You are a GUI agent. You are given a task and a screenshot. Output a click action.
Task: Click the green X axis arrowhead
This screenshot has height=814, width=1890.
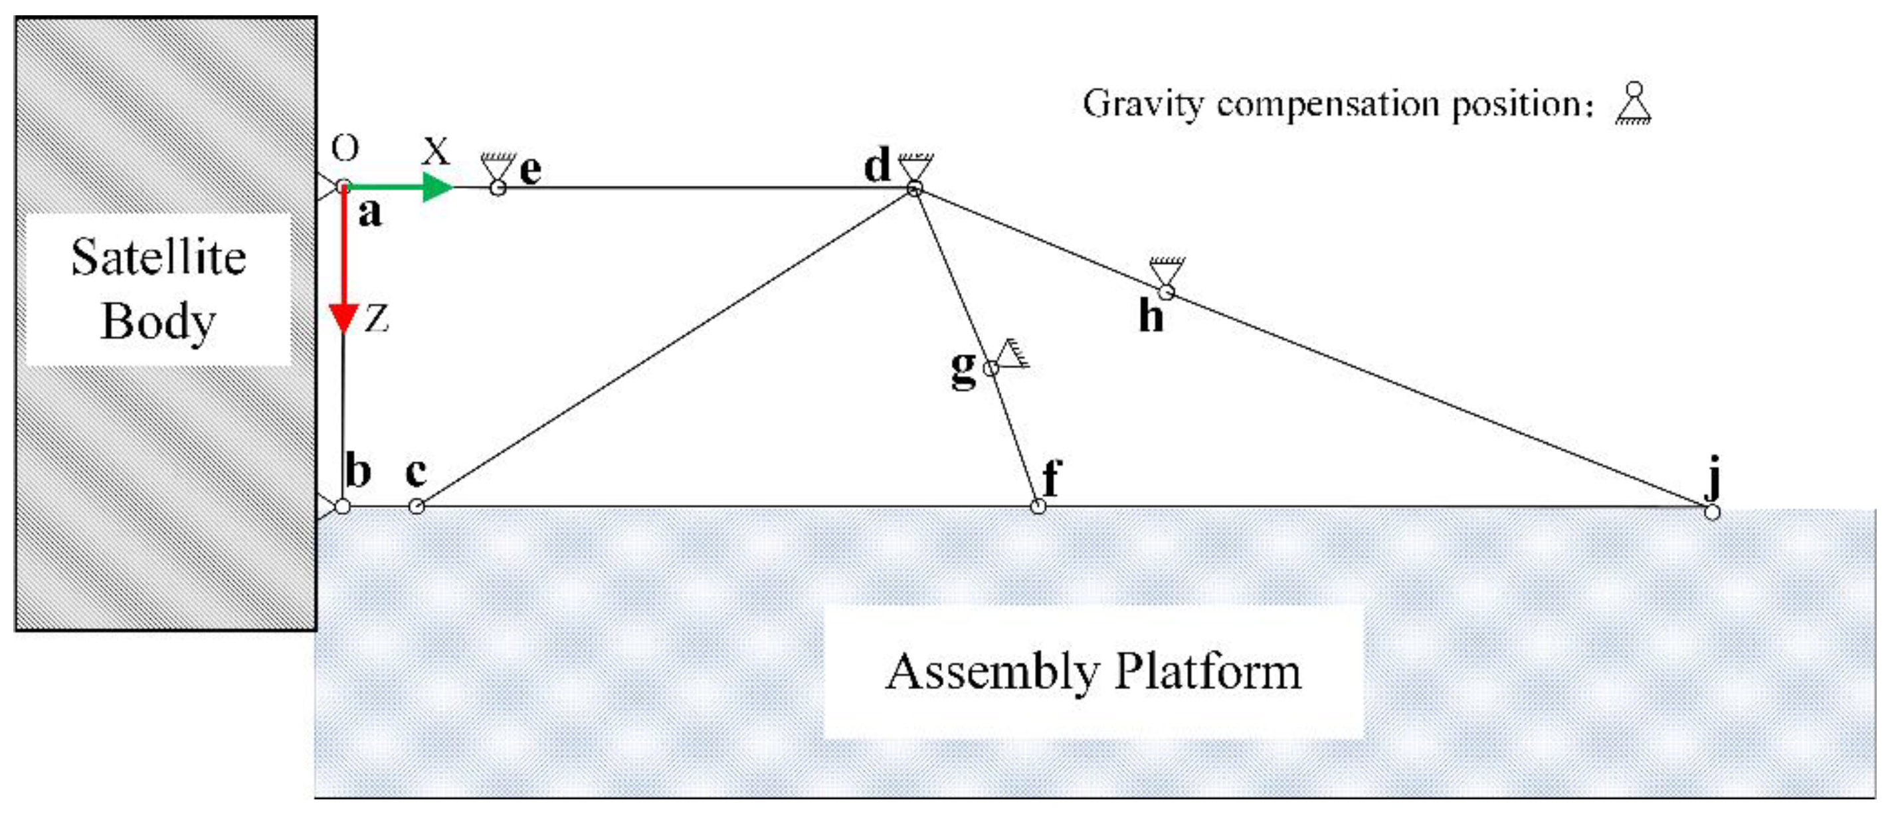[438, 187]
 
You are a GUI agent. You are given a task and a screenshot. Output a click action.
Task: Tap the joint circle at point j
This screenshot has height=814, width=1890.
[1711, 512]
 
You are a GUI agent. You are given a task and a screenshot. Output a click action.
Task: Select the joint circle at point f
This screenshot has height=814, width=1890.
[1038, 506]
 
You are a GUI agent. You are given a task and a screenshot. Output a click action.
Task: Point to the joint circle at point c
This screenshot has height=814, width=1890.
[416, 506]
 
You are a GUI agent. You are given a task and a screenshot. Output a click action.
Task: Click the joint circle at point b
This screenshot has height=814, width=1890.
[343, 506]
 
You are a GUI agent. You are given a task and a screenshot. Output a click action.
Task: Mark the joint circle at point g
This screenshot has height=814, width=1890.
[990, 367]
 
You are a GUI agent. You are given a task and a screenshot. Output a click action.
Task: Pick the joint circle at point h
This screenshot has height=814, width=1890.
[1166, 293]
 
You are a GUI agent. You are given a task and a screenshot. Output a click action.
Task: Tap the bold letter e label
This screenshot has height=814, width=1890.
[530, 170]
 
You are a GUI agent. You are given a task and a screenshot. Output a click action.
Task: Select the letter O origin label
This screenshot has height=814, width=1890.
[345, 149]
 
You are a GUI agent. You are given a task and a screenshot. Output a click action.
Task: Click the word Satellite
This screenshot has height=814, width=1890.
[159, 258]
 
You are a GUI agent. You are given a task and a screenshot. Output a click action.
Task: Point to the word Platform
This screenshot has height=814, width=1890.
[1208, 672]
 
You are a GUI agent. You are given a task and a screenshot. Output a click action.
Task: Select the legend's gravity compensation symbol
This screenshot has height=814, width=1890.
[1633, 104]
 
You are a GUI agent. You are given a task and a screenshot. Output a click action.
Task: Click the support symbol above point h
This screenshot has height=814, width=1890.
[1167, 270]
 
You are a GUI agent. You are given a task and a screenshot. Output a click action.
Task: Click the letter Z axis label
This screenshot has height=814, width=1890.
[377, 320]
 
